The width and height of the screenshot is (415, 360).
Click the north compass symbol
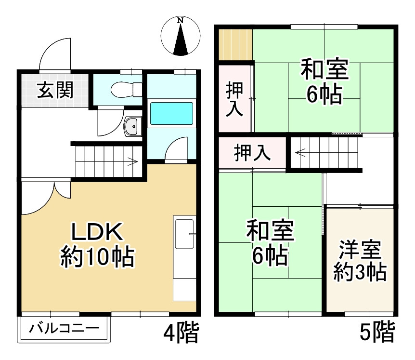181,37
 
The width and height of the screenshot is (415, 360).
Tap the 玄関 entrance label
56,90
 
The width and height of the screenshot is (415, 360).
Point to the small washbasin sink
130,127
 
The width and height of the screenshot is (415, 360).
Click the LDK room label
98,233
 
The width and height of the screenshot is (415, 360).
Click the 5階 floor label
377,332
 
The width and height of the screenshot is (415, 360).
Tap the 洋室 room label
360,250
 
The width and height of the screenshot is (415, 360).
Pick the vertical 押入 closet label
234,99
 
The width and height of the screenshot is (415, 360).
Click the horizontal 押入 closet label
252,153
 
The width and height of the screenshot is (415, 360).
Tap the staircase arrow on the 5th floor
301,154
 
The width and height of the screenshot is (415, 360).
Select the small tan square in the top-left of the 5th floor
234,44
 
